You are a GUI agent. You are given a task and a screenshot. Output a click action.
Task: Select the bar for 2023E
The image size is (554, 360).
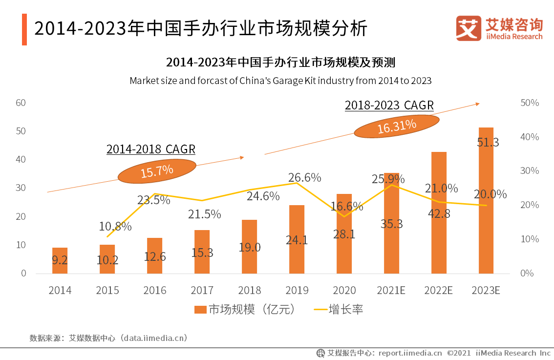pos(486,200)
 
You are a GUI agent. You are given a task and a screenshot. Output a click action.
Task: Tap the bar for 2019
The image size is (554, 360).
pos(297,239)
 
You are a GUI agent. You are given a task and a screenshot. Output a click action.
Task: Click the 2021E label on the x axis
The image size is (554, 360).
pos(391,290)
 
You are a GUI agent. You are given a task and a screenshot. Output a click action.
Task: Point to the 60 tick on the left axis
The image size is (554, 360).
pos(21,103)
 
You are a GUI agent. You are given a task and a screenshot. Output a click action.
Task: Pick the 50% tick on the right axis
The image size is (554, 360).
pos(530,103)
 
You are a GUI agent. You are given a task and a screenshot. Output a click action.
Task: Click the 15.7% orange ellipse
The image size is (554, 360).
pos(157,171)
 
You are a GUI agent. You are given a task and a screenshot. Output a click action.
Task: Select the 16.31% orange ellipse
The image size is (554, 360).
pos(396,126)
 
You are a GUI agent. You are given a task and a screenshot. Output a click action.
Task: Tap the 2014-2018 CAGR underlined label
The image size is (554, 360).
pos(150,149)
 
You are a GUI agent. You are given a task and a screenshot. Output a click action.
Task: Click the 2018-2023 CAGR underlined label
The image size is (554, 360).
pos(389,105)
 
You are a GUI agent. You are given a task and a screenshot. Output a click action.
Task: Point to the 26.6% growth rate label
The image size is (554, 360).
pos(305,177)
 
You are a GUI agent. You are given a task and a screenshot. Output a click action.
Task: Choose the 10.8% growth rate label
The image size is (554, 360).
pos(115,226)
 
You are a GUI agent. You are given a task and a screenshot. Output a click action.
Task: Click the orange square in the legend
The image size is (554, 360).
pos(200,310)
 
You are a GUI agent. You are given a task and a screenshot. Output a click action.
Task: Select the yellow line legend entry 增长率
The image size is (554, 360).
pos(337,310)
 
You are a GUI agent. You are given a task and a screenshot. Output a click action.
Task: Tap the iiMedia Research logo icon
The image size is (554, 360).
pos(468,28)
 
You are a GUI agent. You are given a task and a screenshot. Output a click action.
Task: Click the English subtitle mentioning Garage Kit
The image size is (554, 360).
pos(280,81)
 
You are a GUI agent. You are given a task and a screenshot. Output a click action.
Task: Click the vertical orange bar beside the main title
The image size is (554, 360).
pos(24,29)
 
